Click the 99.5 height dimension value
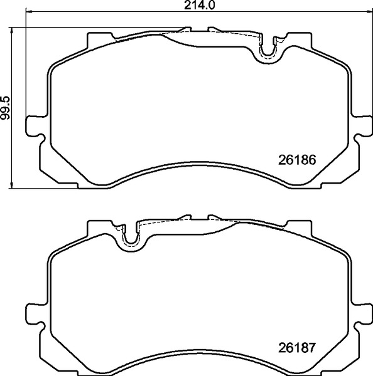[x=6, y=106]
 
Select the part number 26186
[x=296, y=159]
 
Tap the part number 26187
[x=296, y=347]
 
